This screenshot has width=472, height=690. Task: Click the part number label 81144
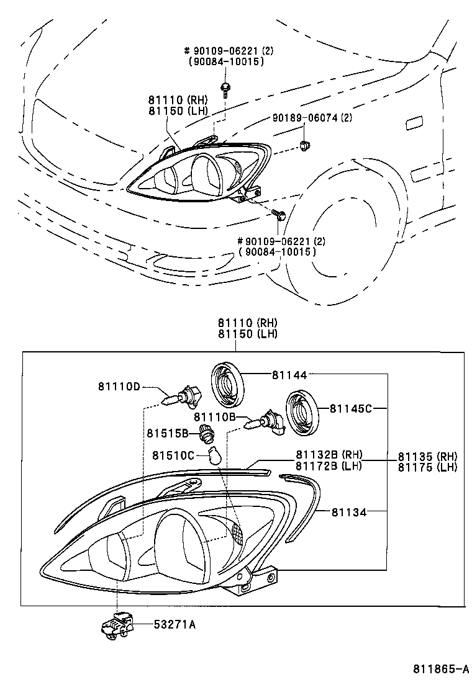[x=289, y=374]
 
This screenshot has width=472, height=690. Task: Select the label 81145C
[x=350, y=408]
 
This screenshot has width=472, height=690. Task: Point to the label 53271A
[x=175, y=625]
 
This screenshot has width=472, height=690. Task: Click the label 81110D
[x=119, y=386]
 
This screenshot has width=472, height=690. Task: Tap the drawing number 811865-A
[x=441, y=669]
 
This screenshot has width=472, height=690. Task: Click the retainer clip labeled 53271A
[x=116, y=625]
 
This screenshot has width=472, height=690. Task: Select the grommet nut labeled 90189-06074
[x=304, y=145]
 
